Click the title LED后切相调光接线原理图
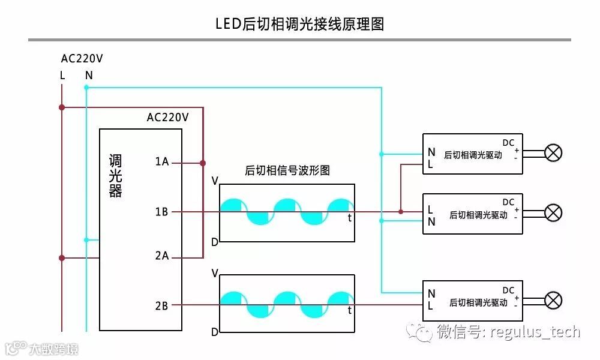point(299,24)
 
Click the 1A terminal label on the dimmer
point(162,162)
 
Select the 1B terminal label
point(162,212)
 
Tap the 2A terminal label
point(162,257)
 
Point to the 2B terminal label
point(162,306)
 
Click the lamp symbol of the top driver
point(553,153)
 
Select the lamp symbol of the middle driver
point(553,212)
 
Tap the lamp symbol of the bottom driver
point(553,300)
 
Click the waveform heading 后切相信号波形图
point(287,170)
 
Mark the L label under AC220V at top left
point(62,76)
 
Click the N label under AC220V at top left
point(89,76)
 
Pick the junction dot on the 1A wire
point(203,163)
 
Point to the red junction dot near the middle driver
point(401,212)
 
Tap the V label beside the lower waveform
point(215,274)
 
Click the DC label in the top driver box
point(508,143)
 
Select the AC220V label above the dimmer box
point(167,118)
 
